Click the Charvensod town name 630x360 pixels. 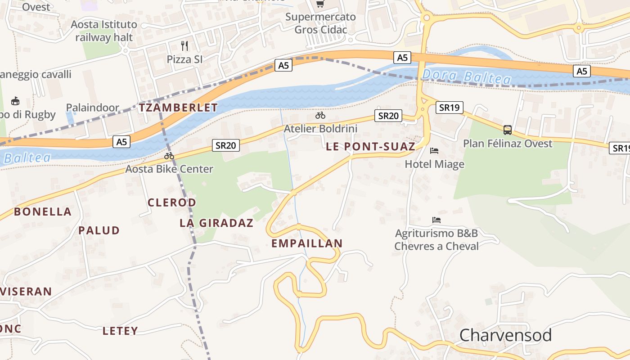[505, 336]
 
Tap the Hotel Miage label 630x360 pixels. [434, 164]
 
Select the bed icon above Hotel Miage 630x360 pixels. [434, 150]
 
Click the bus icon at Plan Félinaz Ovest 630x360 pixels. [508, 130]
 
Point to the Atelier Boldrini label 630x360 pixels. [320, 129]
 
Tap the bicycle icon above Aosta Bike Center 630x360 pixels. [169, 156]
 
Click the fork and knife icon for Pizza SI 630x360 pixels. [184, 45]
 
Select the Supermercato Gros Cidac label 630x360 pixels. [320, 23]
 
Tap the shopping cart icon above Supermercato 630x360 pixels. [320, 4]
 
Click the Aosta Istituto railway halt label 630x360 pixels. [104, 31]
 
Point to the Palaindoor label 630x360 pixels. [93, 108]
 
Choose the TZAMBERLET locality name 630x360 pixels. [178, 108]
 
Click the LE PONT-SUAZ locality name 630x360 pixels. [370, 146]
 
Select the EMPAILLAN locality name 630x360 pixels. [307, 243]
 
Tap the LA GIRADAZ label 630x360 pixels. [216, 223]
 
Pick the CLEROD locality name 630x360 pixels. [172, 202]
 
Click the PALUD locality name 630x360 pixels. [99, 230]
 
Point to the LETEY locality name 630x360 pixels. [120, 331]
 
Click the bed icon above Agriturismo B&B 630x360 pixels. [436, 220]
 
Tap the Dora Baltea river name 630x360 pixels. [467, 77]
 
